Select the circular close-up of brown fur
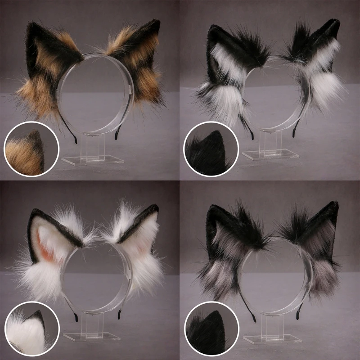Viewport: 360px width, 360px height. (31, 148)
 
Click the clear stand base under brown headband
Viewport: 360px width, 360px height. (92, 160)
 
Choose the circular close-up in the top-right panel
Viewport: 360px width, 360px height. (211, 148)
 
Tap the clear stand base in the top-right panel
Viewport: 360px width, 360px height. (270, 154)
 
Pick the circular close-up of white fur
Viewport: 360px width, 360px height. (31, 328)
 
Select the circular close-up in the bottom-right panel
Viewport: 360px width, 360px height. (211, 328)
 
